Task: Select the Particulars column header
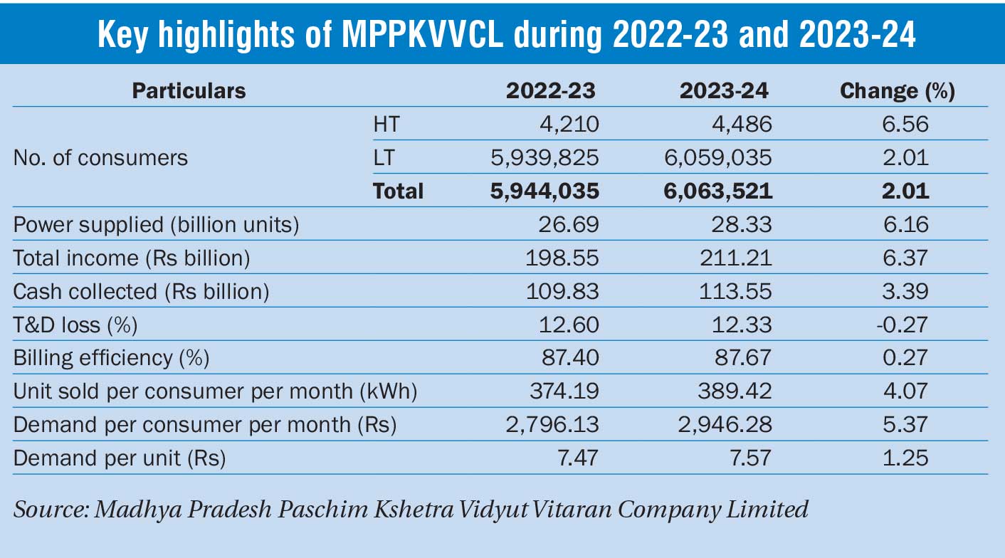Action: click(x=189, y=91)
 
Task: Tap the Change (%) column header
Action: click(x=898, y=91)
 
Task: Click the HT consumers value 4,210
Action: click(x=570, y=125)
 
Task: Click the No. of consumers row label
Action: click(x=100, y=157)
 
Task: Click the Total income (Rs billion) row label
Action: click(x=132, y=258)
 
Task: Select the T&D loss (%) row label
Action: click(x=75, y=325)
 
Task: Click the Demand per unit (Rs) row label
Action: click(x=120, y=458)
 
